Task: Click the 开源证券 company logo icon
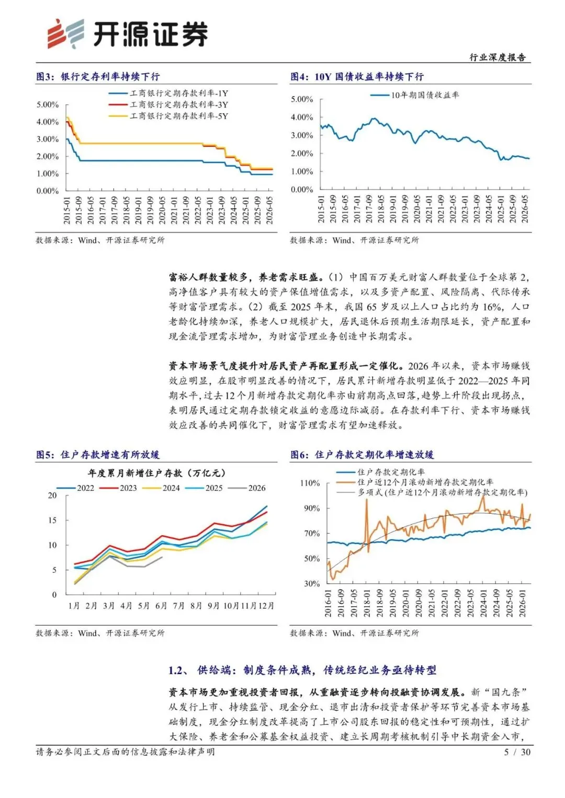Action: coord(66,33)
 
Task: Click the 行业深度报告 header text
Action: coord(498,57)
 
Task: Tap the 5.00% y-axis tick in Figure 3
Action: coord(48,105)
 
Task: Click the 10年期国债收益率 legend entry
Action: coord(414,95)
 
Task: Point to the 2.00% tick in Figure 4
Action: coord(302,154)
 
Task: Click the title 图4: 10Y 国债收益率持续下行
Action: coord(357,77)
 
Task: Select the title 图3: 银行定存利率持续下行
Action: coord(98,77)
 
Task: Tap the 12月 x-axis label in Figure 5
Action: coord(266,606)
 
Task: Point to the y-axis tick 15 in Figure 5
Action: coord(52,521)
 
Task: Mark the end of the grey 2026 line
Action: coord(162,557)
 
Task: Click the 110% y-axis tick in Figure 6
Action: coord(310,483)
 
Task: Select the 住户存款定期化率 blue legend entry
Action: coord(381,472)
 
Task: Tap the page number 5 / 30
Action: coord(517,753)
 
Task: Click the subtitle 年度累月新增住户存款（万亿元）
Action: coord(156,473)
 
